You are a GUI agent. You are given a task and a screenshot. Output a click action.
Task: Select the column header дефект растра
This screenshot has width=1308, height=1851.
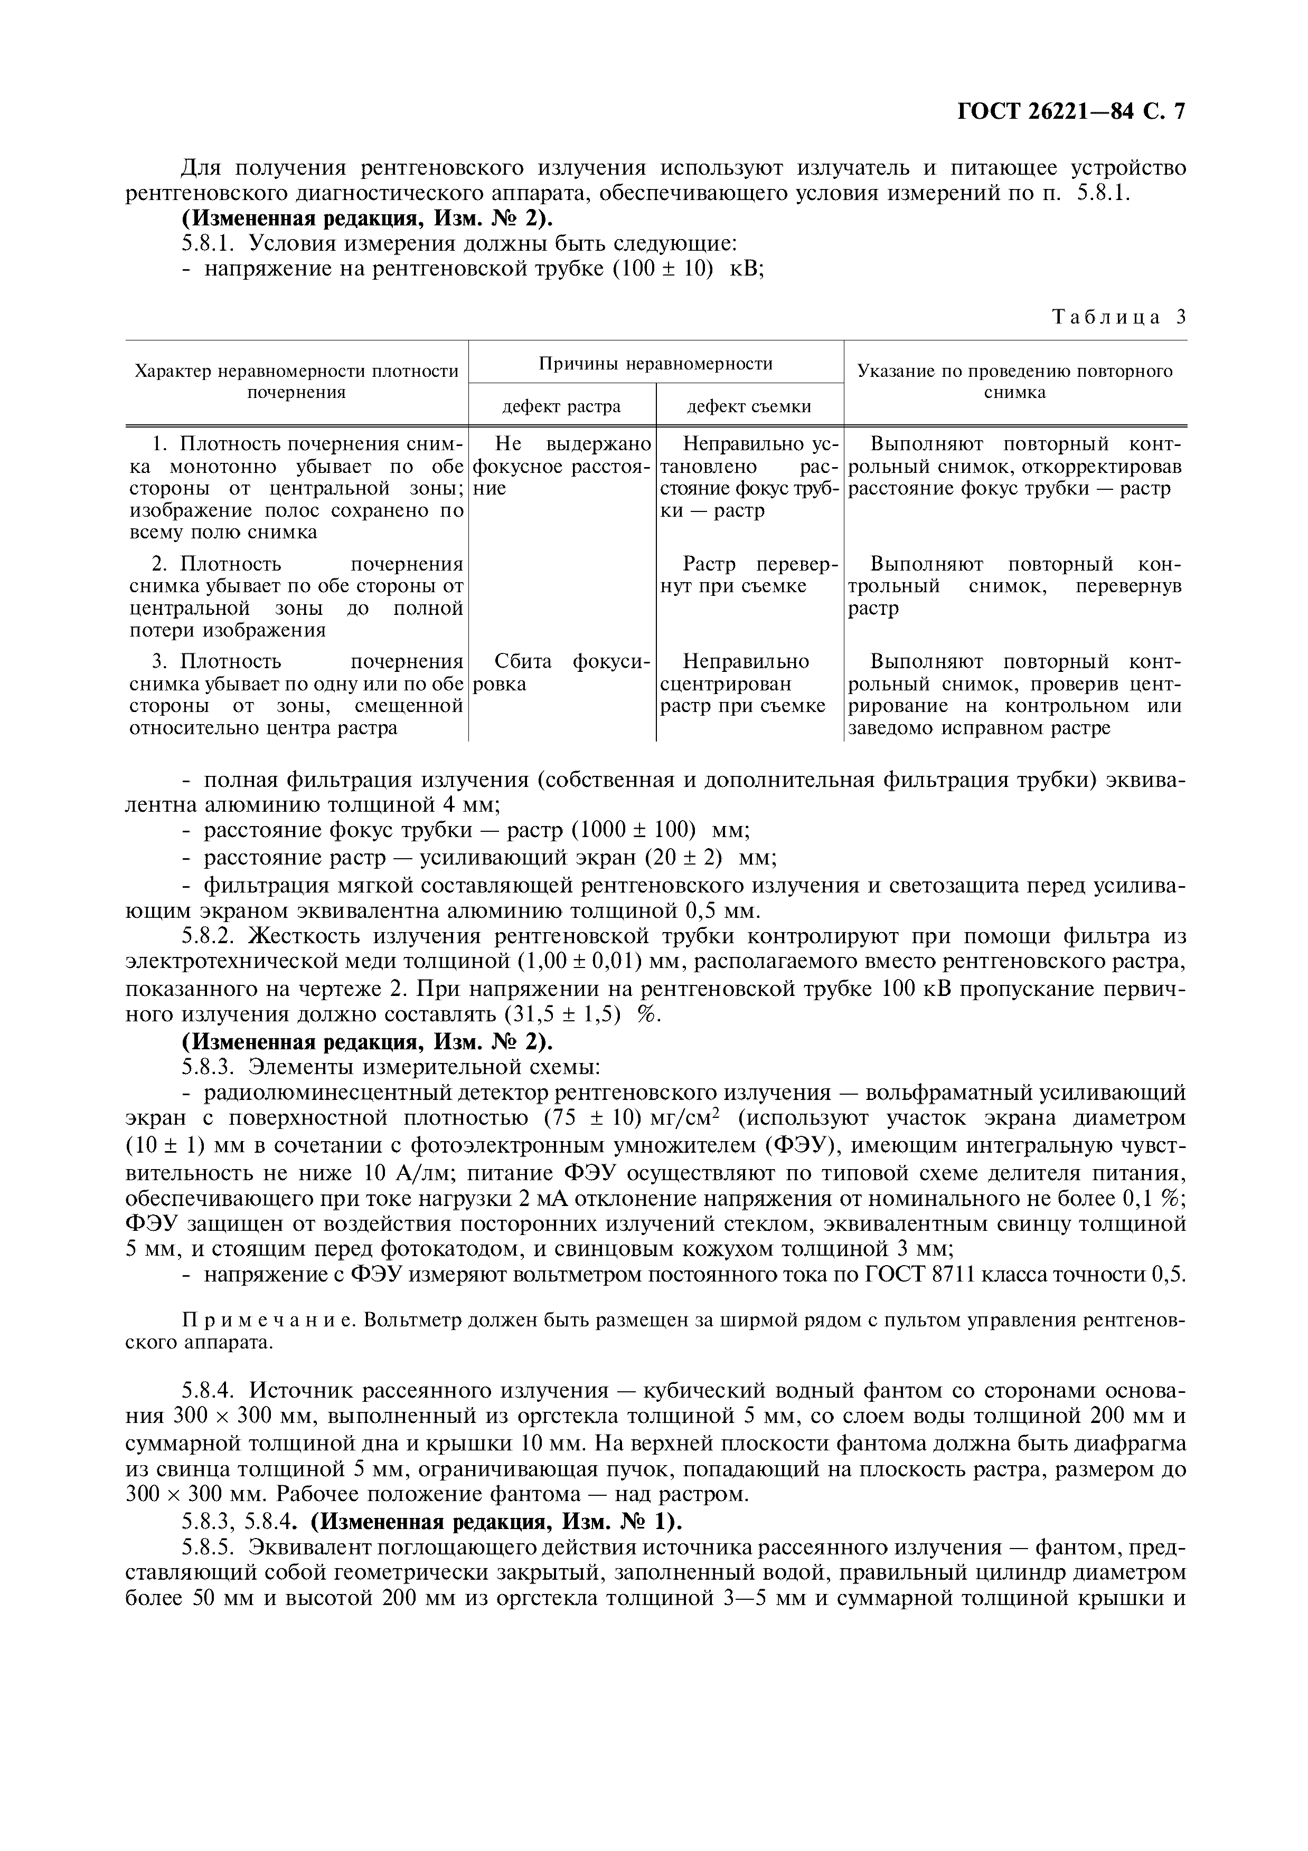tap(561, 406)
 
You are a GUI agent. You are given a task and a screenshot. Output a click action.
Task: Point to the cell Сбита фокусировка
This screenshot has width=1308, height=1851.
tap(561, 672)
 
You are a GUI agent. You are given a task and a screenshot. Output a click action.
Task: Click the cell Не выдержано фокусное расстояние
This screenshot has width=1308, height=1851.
tap(561, 466)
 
